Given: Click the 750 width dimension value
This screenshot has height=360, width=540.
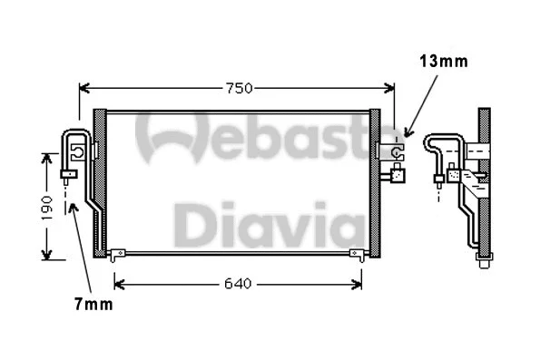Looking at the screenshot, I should tap(239, 88).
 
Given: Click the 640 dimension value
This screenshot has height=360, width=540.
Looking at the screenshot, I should tap(236, 284).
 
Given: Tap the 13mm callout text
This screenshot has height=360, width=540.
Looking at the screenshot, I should tap(443, 62).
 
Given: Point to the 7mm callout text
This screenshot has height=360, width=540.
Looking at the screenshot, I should tap(93, 305).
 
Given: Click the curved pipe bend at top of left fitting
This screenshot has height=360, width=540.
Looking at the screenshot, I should tap(73, 137).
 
